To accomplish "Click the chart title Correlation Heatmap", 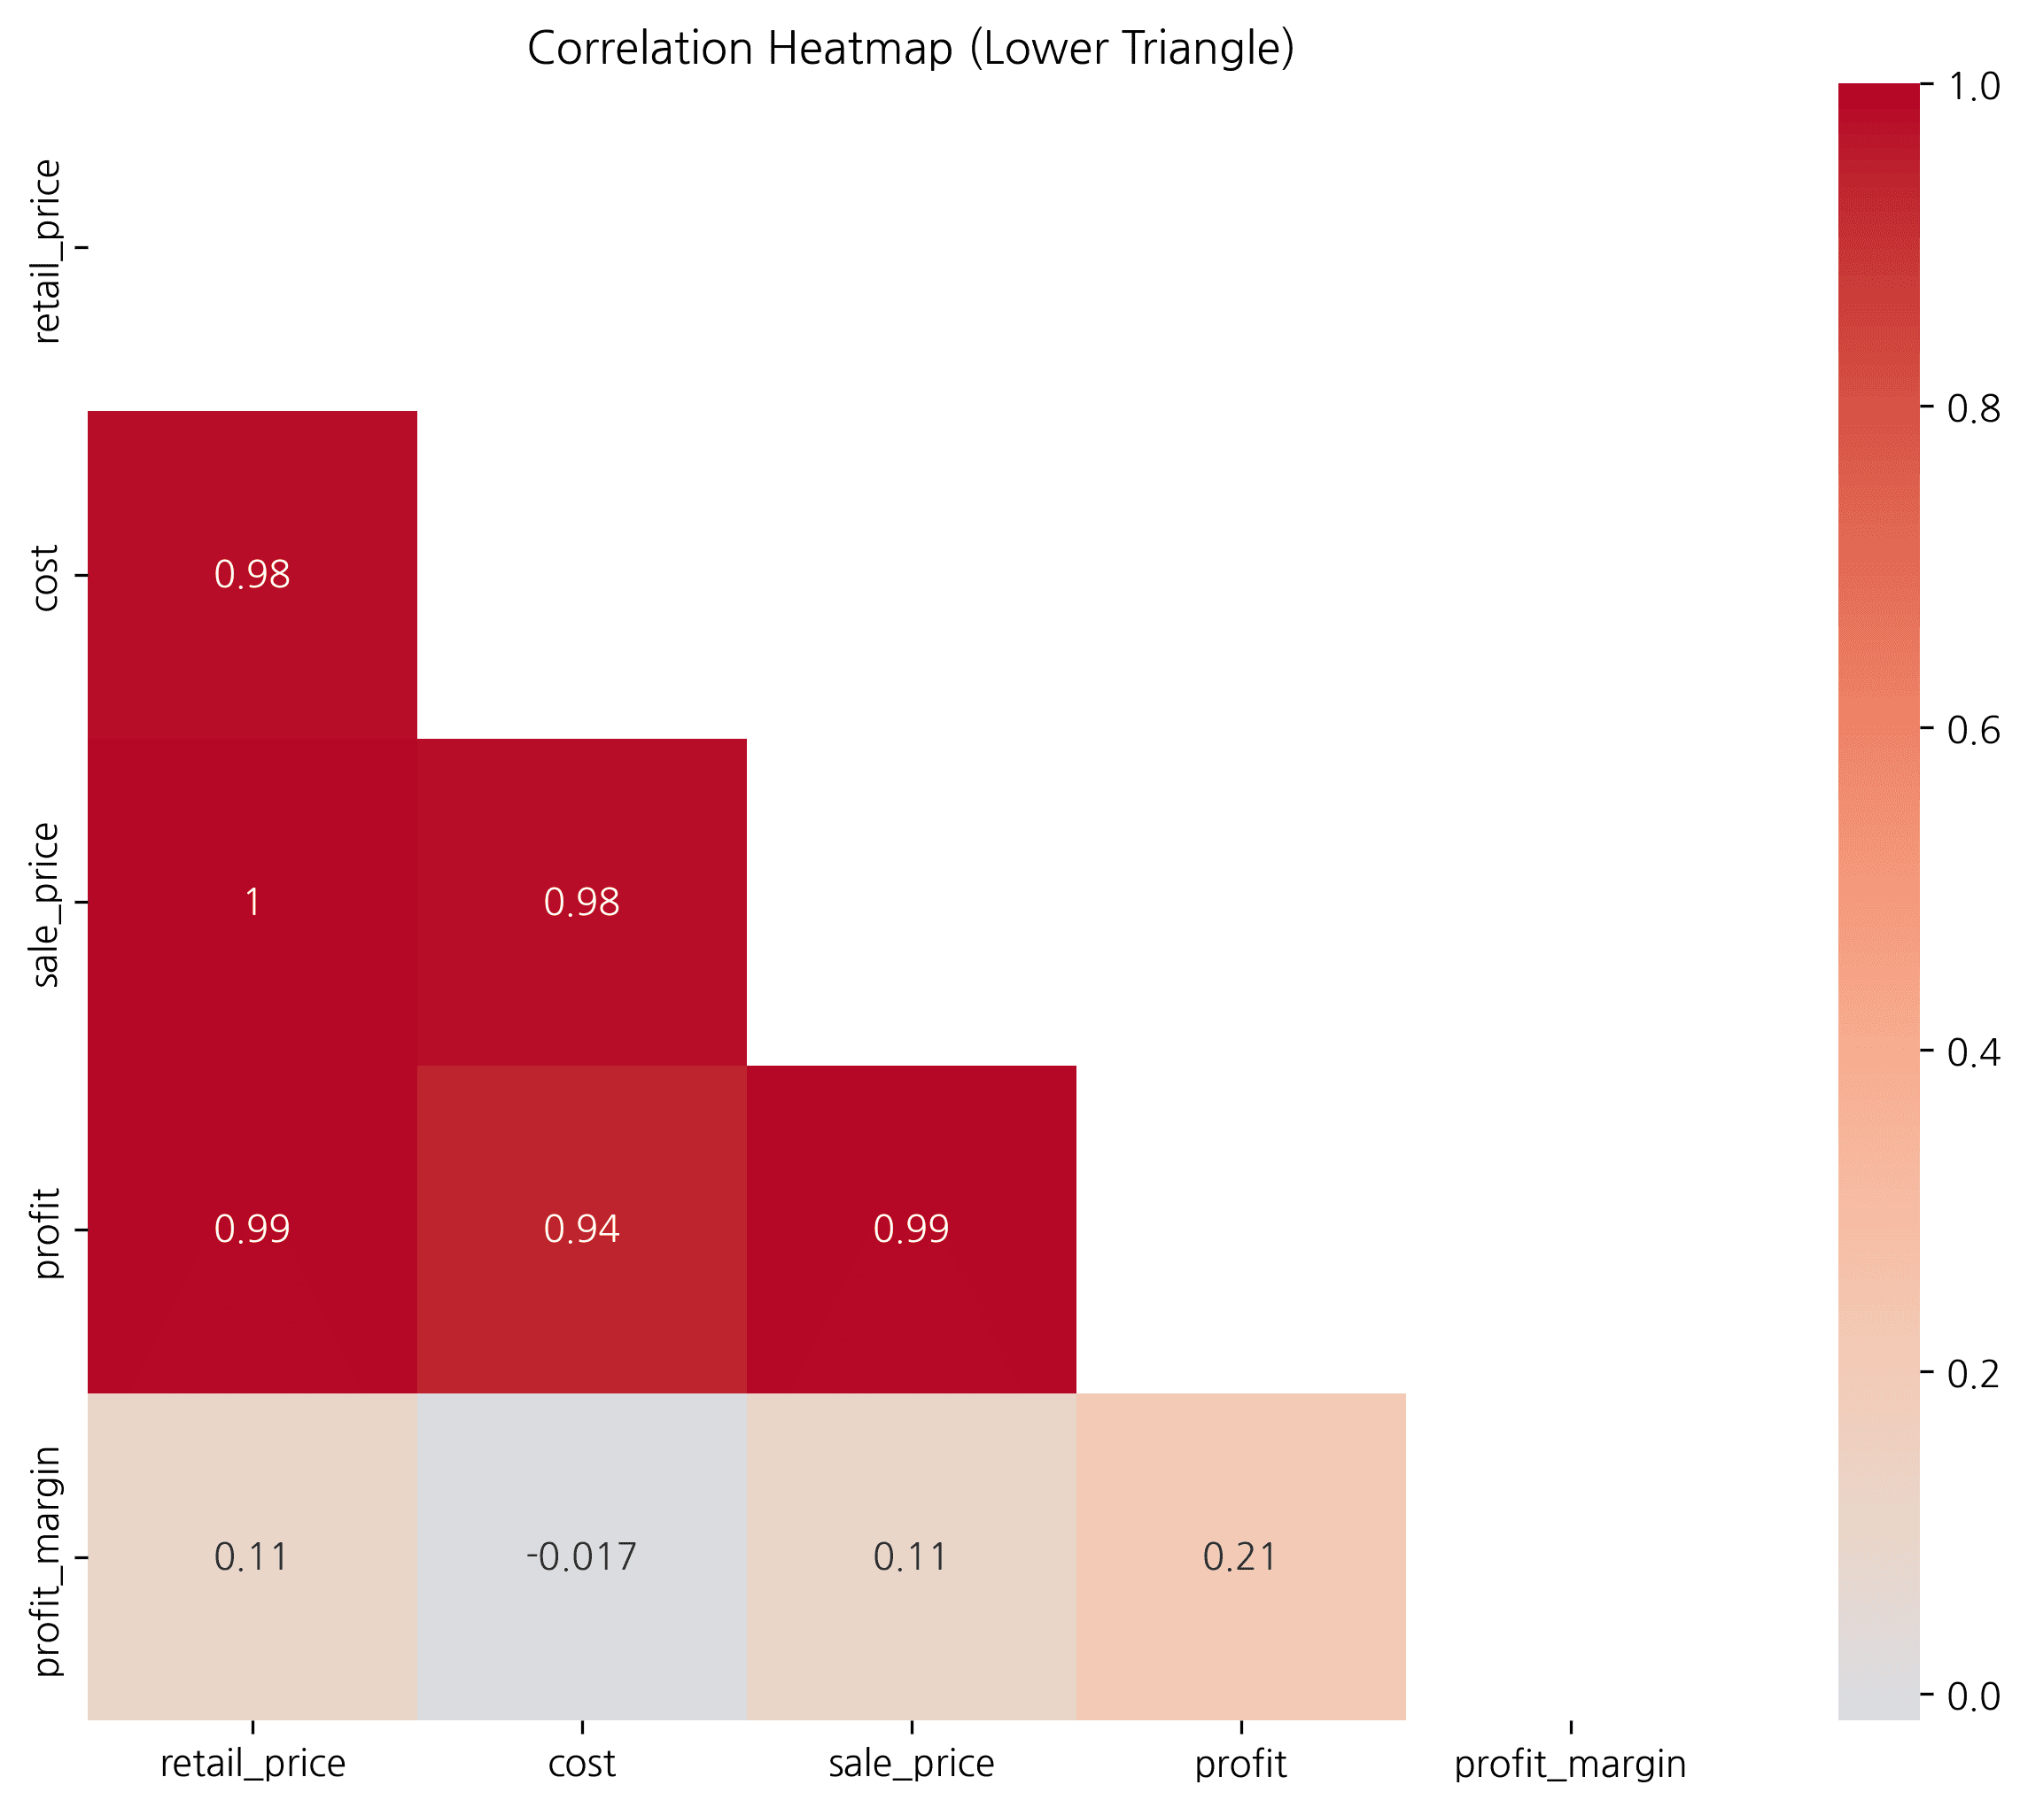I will click(x=910, y=49).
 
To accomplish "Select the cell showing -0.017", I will click(x=581, y=1556).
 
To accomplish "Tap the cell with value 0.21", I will click(x=1240, y=1556).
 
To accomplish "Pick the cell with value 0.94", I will click(x=581, y=1230).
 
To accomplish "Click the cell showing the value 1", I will click(x=253, y=902).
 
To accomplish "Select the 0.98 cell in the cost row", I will click(x=253, y=574).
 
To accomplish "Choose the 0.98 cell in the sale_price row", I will click(x=581, y=902).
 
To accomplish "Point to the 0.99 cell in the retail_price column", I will click(x=253, y=1230).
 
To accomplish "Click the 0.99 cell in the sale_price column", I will click(x=911, y=1230).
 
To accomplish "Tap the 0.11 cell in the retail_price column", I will click(x=253, y=1556).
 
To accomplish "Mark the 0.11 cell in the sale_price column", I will click(x=911, y=1556).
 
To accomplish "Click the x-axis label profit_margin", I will click(x=1570, y=1765).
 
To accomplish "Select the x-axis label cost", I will click(x=581, y=1765).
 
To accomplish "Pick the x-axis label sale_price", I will click(x=911, y=1765).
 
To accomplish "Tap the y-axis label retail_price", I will click(x=47, y=252).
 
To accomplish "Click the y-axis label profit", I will click(x=47, y=1232).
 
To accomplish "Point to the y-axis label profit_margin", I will click(x=47, y=1561).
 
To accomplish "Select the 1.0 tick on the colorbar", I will click(x=1972, y=87).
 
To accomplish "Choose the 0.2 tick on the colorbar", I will click(x=1972, y=1375).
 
